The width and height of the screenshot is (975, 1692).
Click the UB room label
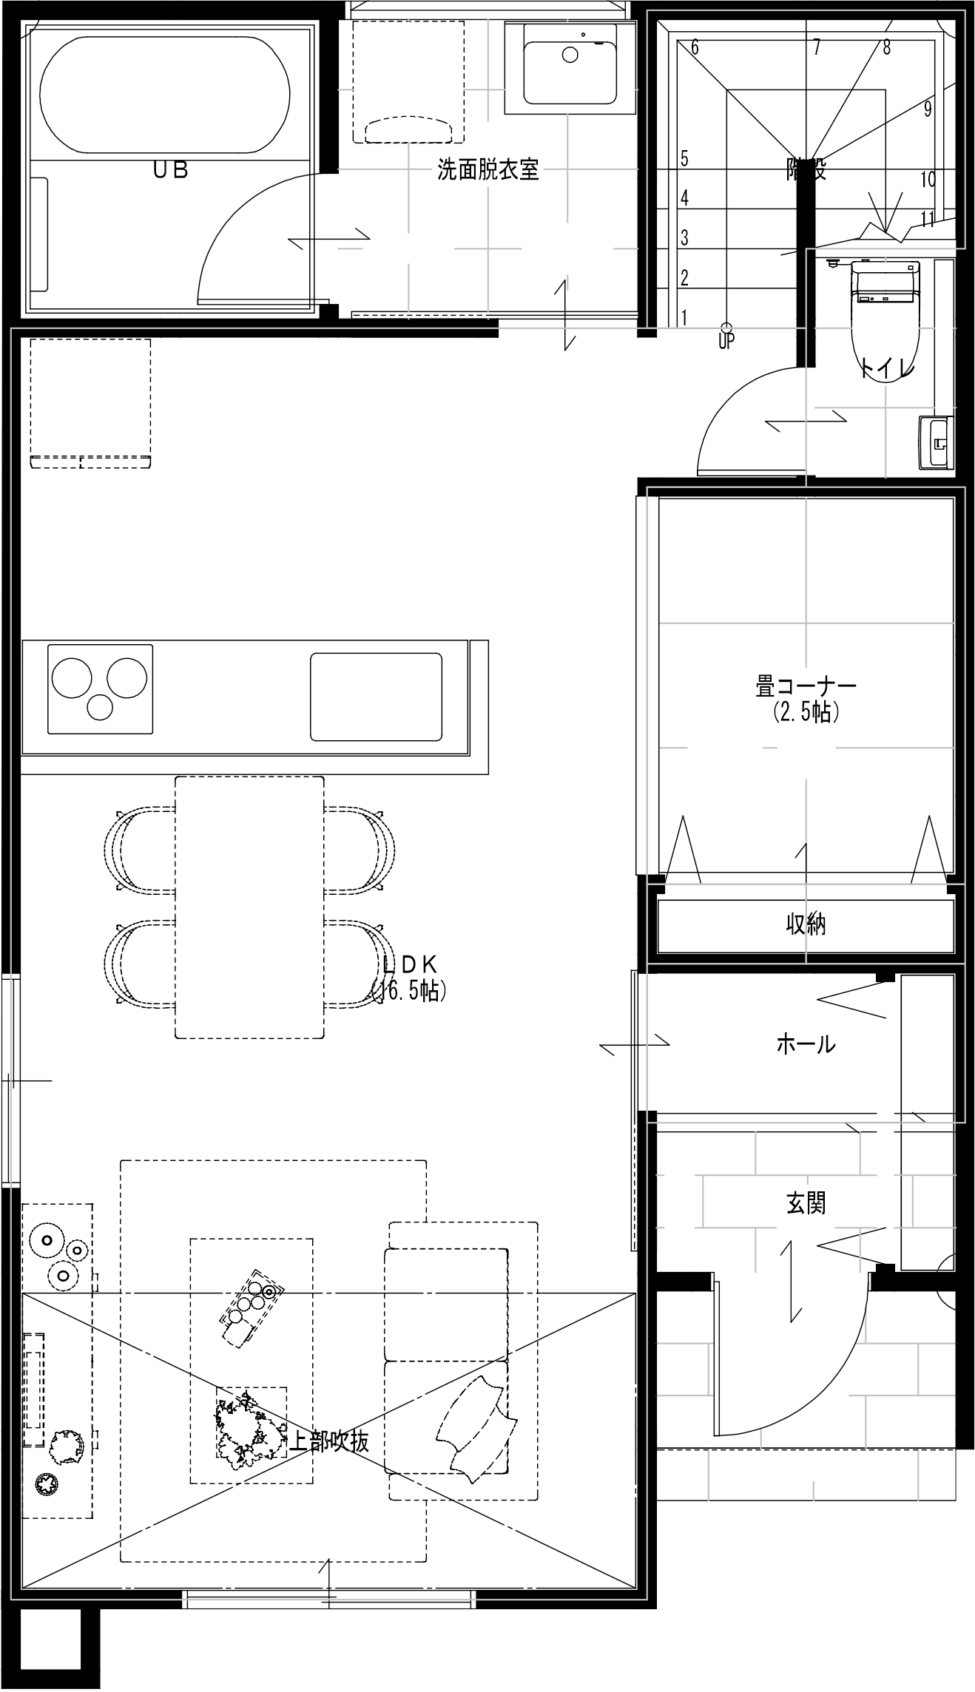(170, 170)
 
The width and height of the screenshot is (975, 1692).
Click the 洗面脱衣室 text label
(487, 171)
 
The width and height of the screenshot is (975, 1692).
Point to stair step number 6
(695, 47)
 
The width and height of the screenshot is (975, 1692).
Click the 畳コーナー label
(806, 686)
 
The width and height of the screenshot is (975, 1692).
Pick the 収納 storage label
(806, 924)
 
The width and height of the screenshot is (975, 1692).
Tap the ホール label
(806, 1044)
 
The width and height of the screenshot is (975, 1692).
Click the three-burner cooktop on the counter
(100, 688)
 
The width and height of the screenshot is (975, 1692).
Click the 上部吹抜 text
(328, 1441)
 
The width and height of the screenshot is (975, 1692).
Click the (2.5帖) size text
(806, 712)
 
